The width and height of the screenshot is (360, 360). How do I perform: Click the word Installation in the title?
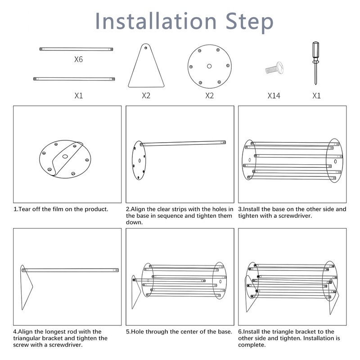(156, 21)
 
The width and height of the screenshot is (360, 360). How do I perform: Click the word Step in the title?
(250, 22)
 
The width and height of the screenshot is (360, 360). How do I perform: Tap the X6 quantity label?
(78, 59)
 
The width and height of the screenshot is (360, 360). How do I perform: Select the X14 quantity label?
(274, 95)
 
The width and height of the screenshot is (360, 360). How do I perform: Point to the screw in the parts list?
(274, 68)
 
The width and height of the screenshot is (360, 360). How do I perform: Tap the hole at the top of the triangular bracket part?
(145, 48)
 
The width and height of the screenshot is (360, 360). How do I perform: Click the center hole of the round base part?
(209, 66)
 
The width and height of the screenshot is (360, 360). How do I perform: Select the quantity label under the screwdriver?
(316, 95)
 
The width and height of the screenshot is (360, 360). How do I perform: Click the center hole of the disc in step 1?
(65, 157)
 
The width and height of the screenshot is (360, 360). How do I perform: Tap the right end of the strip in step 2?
(224, 142)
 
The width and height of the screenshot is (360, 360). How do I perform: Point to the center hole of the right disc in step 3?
(335, 162)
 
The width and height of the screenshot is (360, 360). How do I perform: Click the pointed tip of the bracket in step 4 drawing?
(32, 287)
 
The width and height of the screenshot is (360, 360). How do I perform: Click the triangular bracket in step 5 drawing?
(136, 292)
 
